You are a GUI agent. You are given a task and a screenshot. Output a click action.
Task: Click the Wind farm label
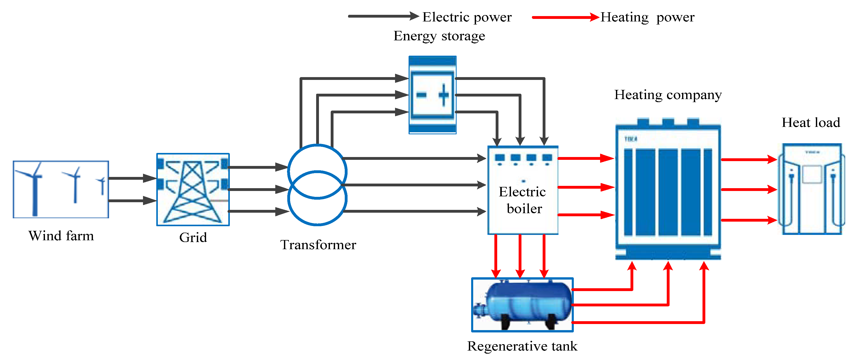61,236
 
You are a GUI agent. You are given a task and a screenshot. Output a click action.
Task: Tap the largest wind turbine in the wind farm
33,190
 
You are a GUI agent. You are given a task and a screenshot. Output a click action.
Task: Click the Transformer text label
318,245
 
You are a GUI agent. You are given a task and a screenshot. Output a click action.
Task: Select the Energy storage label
439,36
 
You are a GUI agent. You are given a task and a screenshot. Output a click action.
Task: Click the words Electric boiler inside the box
523,200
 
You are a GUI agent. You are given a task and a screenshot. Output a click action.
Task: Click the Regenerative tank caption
522,346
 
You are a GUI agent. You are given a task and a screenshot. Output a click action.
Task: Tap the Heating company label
668,95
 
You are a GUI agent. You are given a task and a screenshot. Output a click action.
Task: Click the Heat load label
811,123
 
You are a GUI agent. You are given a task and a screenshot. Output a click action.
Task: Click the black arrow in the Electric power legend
383,16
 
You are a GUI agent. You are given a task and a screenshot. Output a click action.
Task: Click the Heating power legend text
647,17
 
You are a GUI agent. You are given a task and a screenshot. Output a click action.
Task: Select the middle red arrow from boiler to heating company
586,187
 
